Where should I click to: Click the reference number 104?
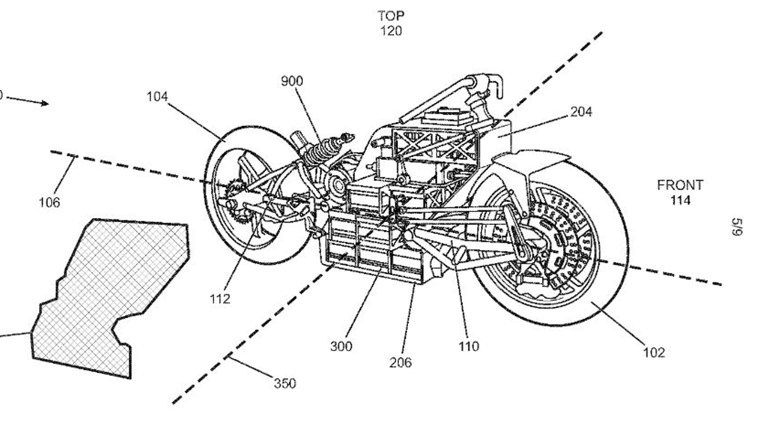[x=157, y=96]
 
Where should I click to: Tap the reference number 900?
[x=292, y=81]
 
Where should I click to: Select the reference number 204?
[x=581, y=112]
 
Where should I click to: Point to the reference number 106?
[x=49, y=202]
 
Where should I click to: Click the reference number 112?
[x=220, y=299]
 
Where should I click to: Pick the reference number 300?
[x=341, y=346]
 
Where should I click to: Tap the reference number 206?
[x=400, y=362]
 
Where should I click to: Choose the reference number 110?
[x=468, y=346]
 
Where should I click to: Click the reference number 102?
[x=654, y=352]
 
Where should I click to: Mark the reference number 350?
[x=285, y=383]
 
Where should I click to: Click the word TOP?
[x=391, y=16]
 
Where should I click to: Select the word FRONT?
[x=680, y=185]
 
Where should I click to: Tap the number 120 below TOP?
[x=391, y=31]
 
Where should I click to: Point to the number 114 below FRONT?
[x=680, y=200]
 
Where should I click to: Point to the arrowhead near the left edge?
[x=45, y=104]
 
